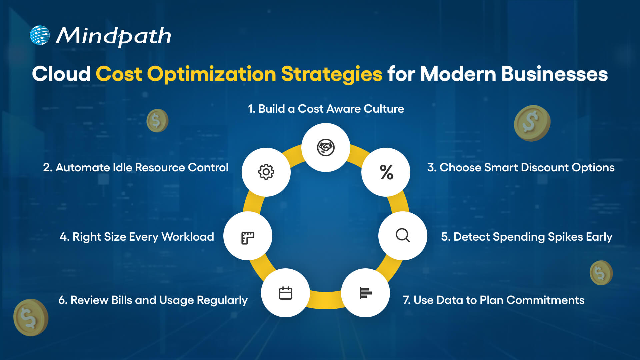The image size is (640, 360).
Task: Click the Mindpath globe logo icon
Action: tap(40, 35)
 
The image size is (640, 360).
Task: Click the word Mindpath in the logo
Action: tap(113, 36)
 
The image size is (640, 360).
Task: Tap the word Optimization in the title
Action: tap(212, 74)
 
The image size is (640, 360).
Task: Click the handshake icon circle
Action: tap(326, 147)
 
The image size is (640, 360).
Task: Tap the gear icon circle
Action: tap(266, 172)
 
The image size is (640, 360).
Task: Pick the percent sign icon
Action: tap(386, 172)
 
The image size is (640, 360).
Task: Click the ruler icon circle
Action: tap(248, 236)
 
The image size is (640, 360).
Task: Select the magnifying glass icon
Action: tap(403, 236)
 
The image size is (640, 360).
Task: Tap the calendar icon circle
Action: tap(285, 293)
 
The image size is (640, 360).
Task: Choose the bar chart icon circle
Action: tap(366, 293)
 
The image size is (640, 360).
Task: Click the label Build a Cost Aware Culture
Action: tap(326, 109)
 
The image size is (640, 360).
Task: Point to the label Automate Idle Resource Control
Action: tap(136, 167)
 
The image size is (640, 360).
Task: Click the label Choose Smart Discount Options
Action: tap(521, 167)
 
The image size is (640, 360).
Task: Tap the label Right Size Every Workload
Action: tap(137, 237)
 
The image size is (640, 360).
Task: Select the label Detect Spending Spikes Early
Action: tap(527, 237)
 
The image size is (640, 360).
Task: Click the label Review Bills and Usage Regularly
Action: tap(153, 300)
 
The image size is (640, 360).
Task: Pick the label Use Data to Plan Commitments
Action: tap(493, 300)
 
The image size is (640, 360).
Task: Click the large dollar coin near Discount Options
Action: tap(532, 123)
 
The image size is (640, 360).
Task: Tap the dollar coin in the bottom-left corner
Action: tap(31, 317)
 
